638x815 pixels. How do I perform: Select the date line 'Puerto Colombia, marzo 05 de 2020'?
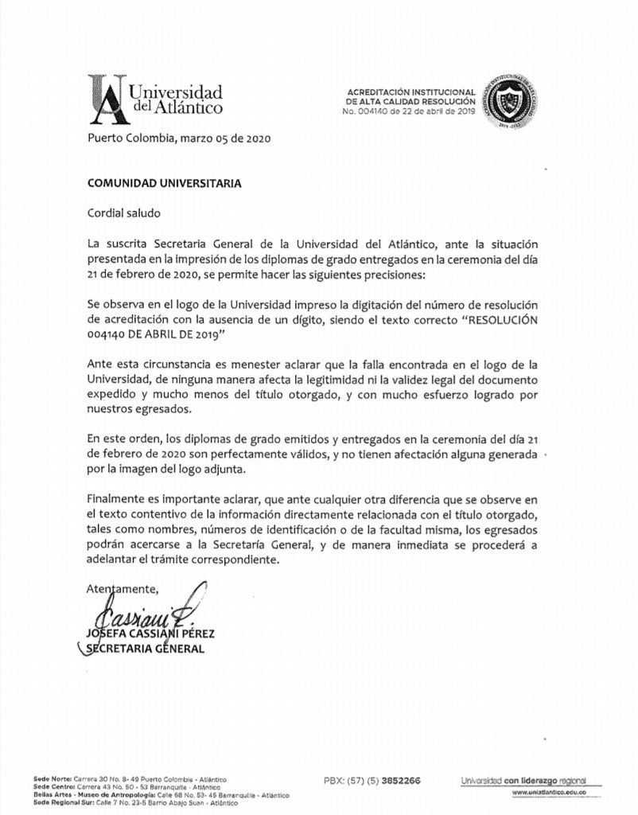[179, 138]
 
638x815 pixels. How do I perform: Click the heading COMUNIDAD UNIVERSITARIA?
[164, 181]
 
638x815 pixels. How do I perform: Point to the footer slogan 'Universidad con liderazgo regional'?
[523, 780]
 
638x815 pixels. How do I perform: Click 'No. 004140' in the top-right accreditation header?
[368, 111]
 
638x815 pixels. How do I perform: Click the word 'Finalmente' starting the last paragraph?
[117, 497]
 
